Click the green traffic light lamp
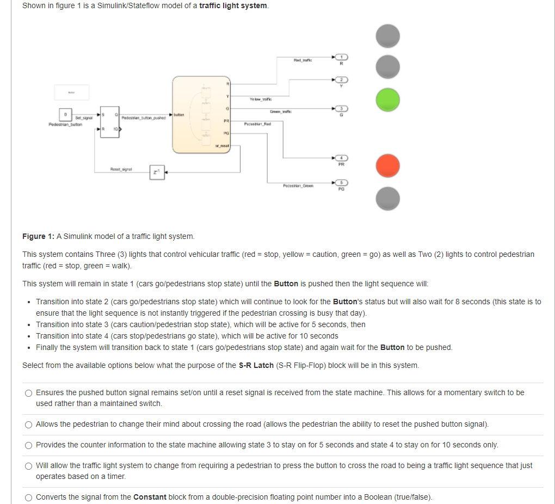point(388,100)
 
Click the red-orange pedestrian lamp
point(388,165)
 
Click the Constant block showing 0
point(65,115)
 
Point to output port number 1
point(341,57)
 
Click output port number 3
point(341,109)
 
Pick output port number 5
point(341,183)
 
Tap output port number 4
point(341,157)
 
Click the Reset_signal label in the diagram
point(120,170)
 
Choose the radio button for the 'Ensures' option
point(28,393)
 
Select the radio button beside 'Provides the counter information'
point(28,445)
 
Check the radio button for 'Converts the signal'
point(28,497)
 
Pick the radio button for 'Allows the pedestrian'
point(28,425)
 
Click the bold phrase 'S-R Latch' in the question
point(256,365)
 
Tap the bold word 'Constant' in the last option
point(150,497)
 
